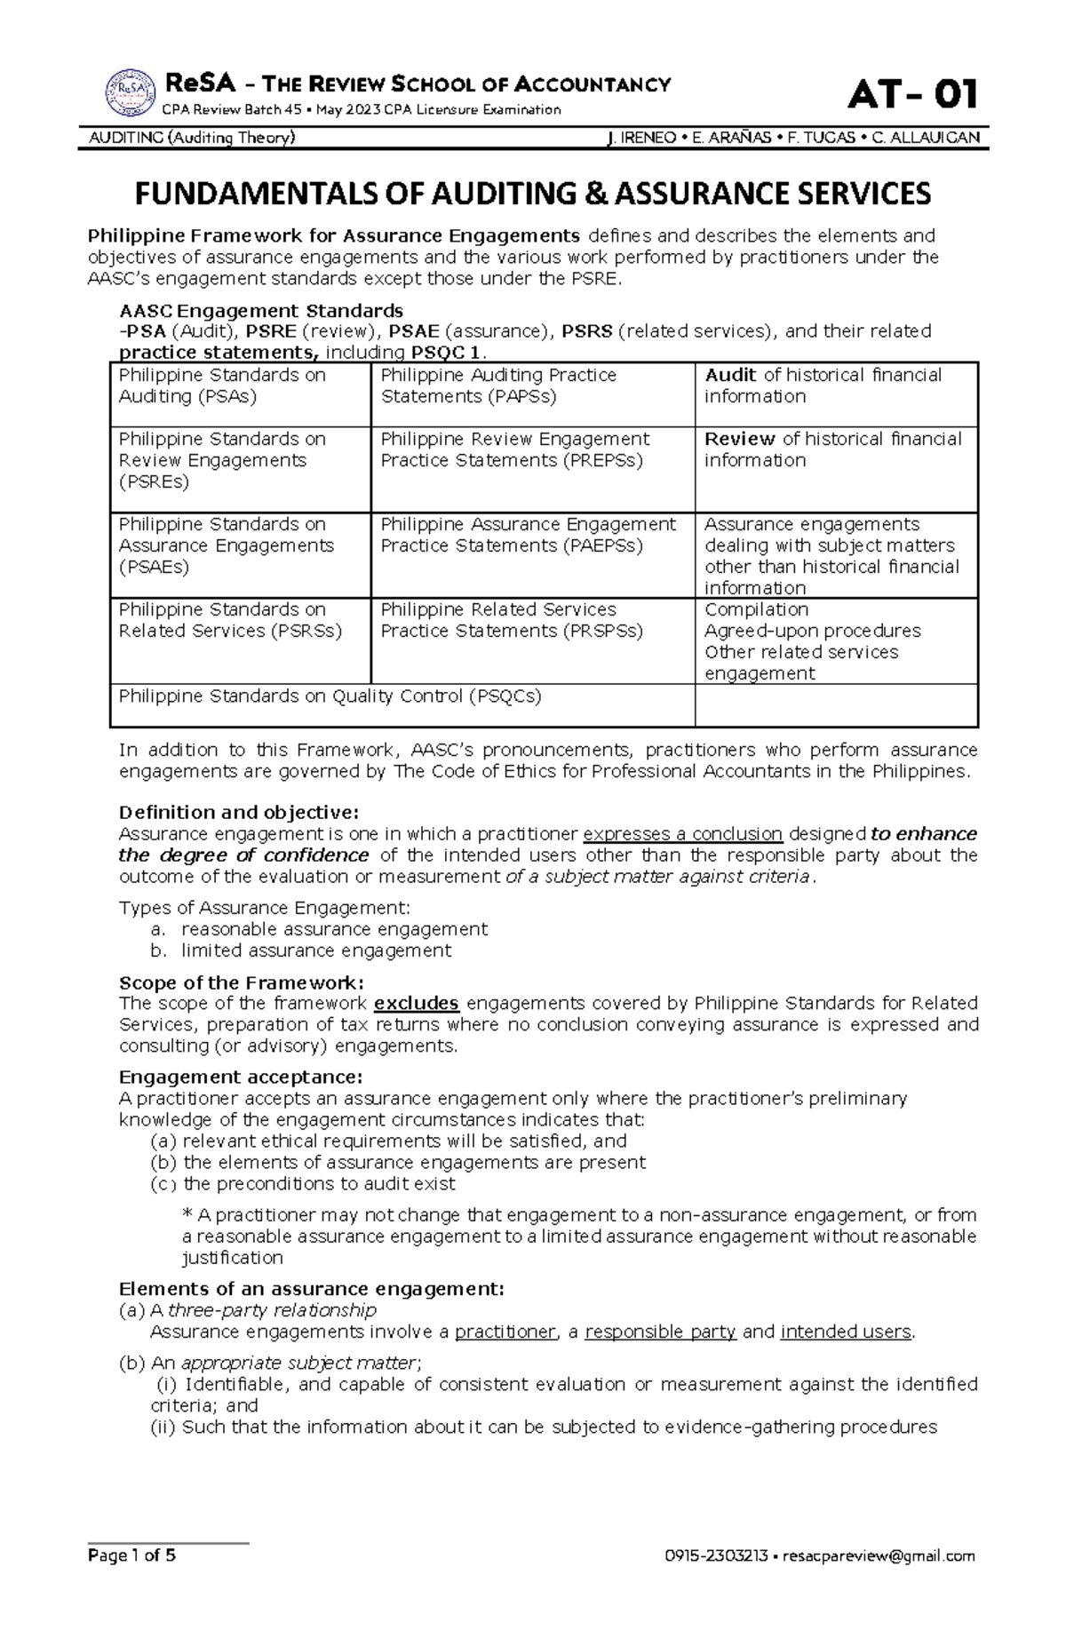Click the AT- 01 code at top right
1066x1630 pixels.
tap(913, 94)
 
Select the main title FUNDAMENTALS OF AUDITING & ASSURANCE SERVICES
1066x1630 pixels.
tap(532, 194)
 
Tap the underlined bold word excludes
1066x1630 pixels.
tap(416, 1004)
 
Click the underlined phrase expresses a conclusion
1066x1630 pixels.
tap(682, 834)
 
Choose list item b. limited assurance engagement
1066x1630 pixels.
tap(315, 950)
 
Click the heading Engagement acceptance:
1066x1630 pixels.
tap(240, 1077)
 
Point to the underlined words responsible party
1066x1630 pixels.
tap(660, 1332)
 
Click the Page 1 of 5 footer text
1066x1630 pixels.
tap(131, 1580)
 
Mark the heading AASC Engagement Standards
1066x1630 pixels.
tap(261, 311)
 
